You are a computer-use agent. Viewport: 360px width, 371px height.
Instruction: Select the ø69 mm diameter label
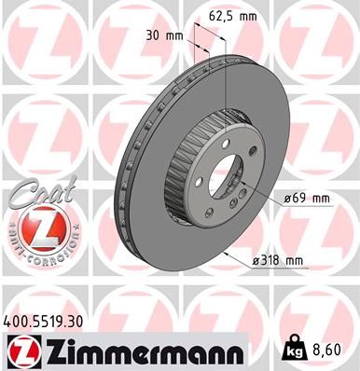305,199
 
